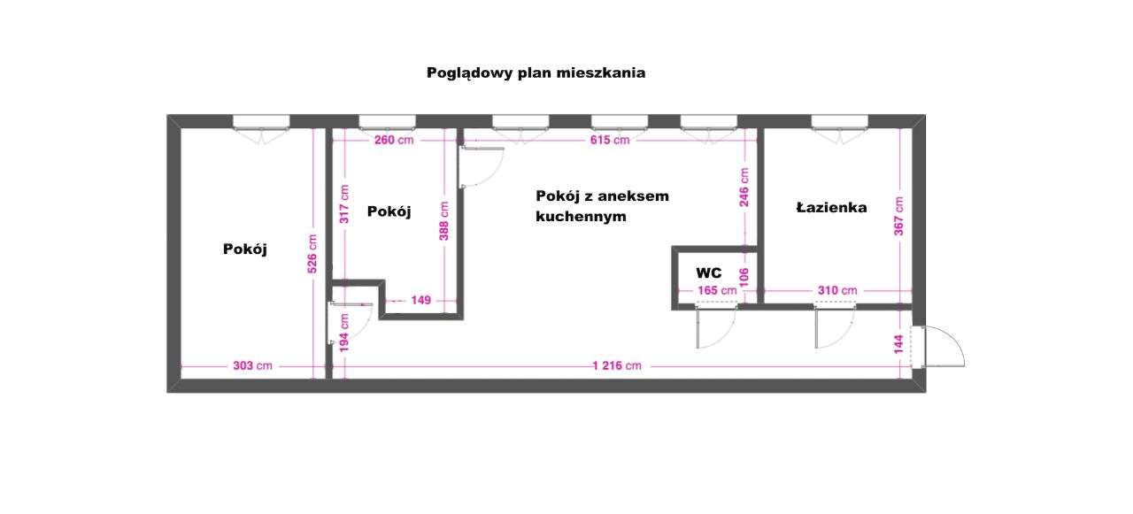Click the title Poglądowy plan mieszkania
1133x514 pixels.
point(536,73)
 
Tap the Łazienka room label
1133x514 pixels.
point(831,209)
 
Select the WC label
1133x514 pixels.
point(709,273)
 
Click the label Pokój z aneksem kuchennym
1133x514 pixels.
point(602,205)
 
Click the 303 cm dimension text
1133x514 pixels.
point(252,365)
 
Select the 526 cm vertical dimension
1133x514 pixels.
point(312,254)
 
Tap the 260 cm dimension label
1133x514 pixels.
point(393,140)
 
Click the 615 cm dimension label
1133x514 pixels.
point(609,140)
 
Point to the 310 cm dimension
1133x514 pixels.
point(836,290)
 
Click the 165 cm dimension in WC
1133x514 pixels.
point(717,290)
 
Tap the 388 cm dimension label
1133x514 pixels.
point(444,220)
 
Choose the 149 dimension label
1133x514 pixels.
point(420,301)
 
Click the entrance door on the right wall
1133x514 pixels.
point(942,346)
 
